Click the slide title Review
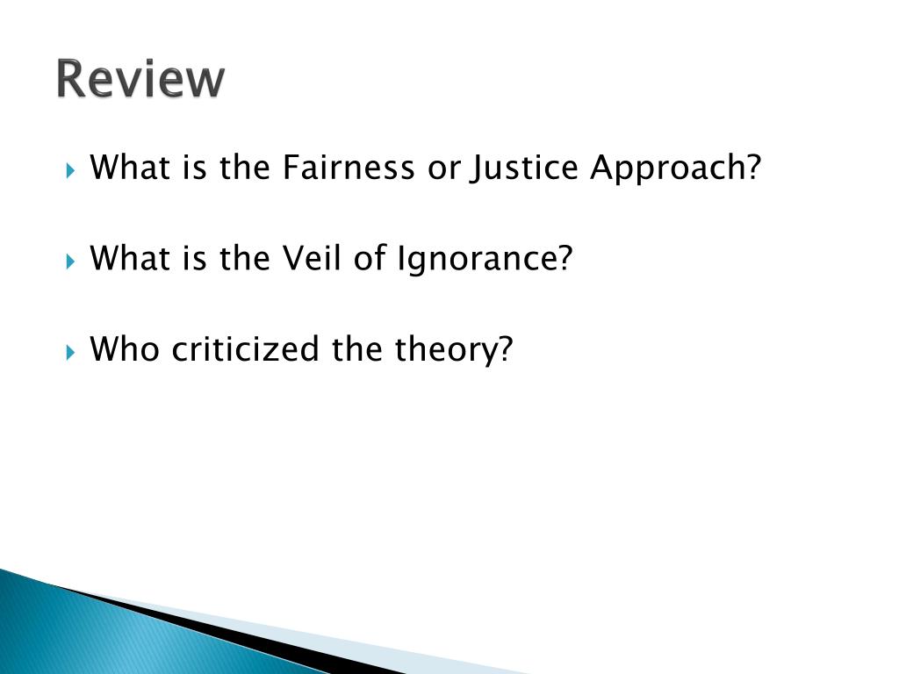coord(140,79)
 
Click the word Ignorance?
coord(484,260)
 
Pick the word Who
coord(126,349)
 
